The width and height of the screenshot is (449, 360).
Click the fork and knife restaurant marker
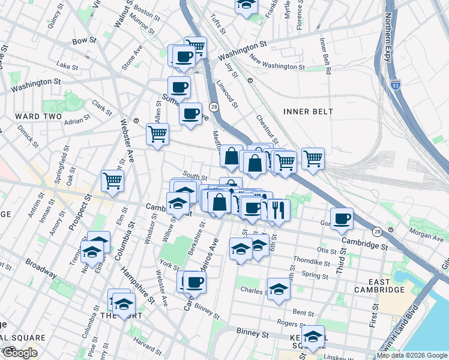278,210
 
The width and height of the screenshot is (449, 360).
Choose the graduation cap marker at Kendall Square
313,337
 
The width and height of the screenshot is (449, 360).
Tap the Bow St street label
84,41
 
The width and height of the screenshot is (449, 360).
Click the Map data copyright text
412,355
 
